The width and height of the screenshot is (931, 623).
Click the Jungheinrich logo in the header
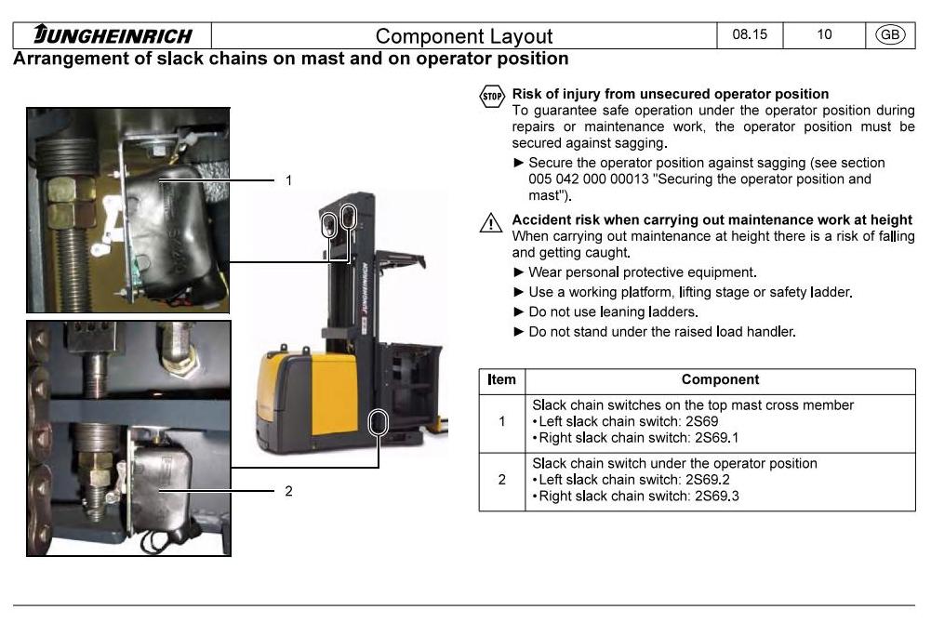point(113,35)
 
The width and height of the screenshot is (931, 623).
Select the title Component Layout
point(464,36)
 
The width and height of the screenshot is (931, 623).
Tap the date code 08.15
point(750,34)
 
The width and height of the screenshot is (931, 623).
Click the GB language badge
point(890,34)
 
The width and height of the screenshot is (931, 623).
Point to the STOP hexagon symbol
point(492,96)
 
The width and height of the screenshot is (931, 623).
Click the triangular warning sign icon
point(491,222)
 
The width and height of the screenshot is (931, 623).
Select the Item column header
point(501,379)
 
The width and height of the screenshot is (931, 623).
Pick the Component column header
point(720,379)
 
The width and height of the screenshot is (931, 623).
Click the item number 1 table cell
point(502,422)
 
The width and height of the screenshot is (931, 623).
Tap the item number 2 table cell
point(502,480)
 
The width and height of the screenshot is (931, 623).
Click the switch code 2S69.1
point(717,438)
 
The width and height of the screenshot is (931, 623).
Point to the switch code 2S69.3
point(717,496)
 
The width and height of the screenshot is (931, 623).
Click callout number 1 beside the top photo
point(288,180)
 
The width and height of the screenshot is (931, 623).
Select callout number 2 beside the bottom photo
point(288,491)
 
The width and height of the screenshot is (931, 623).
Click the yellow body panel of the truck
point(334,391)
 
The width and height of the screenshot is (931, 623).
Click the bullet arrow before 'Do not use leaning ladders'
point(518,312)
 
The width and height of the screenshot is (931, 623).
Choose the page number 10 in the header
point(824,34)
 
